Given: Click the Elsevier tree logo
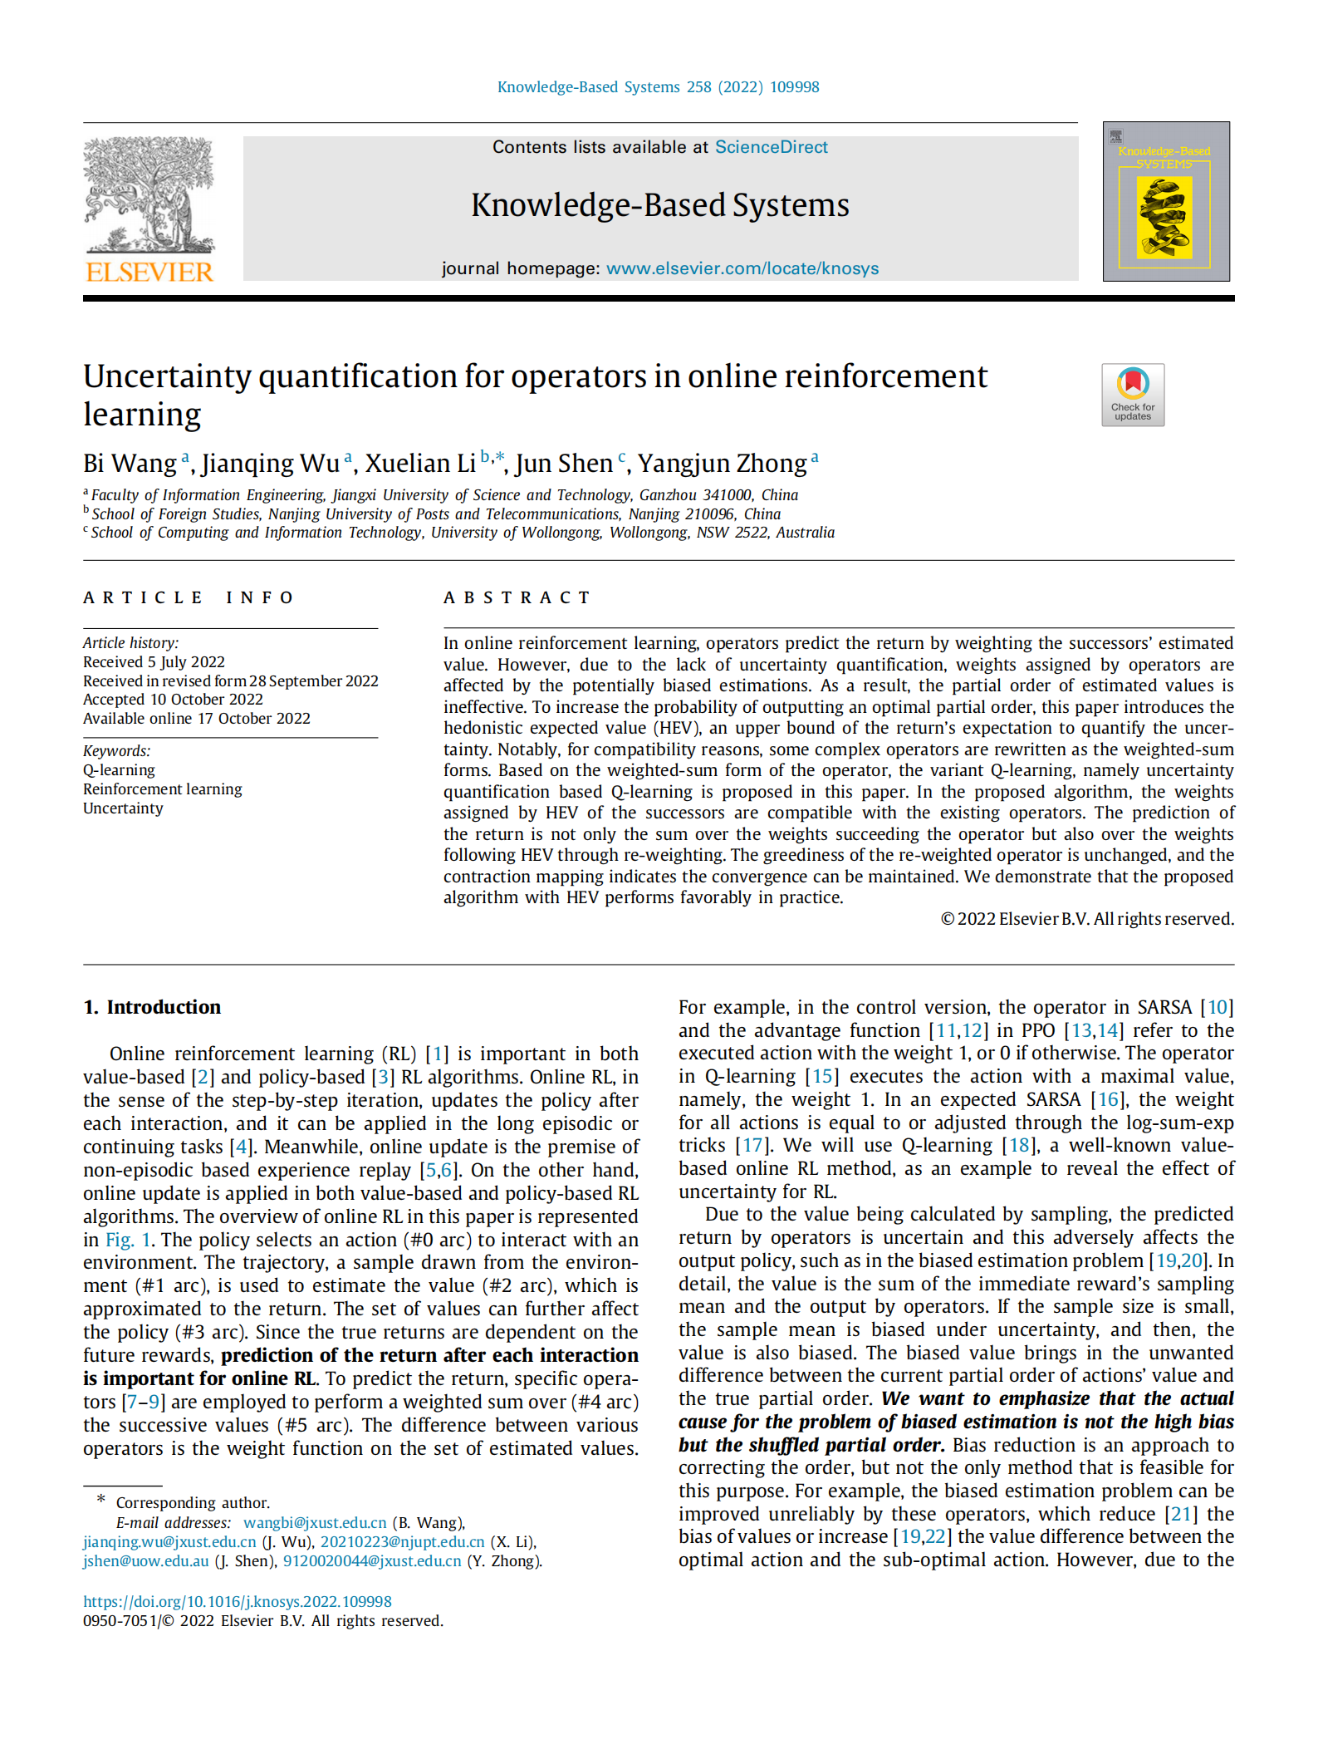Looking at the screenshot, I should point(149,195).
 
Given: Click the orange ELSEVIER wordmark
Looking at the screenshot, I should point(149,272).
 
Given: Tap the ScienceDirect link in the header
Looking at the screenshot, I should point(771,147).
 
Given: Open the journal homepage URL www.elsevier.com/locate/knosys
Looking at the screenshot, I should point(742,268).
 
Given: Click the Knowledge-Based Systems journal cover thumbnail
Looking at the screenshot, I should point(1165,202).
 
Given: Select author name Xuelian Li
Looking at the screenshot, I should point(420,463).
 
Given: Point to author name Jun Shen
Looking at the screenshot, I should point(564,463).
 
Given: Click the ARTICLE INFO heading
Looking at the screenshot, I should point(189,597).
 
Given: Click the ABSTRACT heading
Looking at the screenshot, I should point(517,597).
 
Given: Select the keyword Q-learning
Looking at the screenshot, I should point(119,770).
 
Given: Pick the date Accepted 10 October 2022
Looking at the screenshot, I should point(173,700).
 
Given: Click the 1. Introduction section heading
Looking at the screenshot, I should point(152,1007).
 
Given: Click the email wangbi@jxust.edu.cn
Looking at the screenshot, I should point(315,1522).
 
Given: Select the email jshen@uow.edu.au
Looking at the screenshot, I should point(146,1560).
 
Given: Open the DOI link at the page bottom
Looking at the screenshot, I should point(238,1601).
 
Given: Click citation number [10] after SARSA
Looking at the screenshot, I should point(1217,1007).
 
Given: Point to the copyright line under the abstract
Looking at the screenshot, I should point(1086,919).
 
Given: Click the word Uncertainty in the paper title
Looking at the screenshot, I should point(166,376).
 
